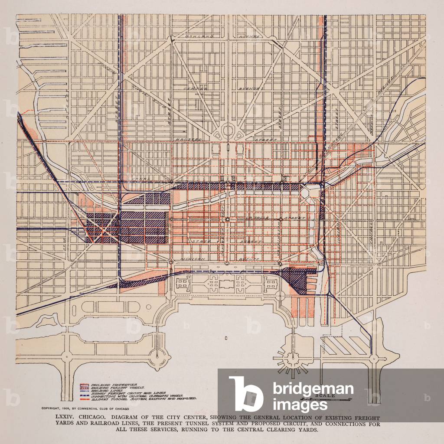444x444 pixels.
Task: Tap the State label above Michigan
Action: tap(201, 241)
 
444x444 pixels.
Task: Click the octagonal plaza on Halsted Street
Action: tap(228, 129)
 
